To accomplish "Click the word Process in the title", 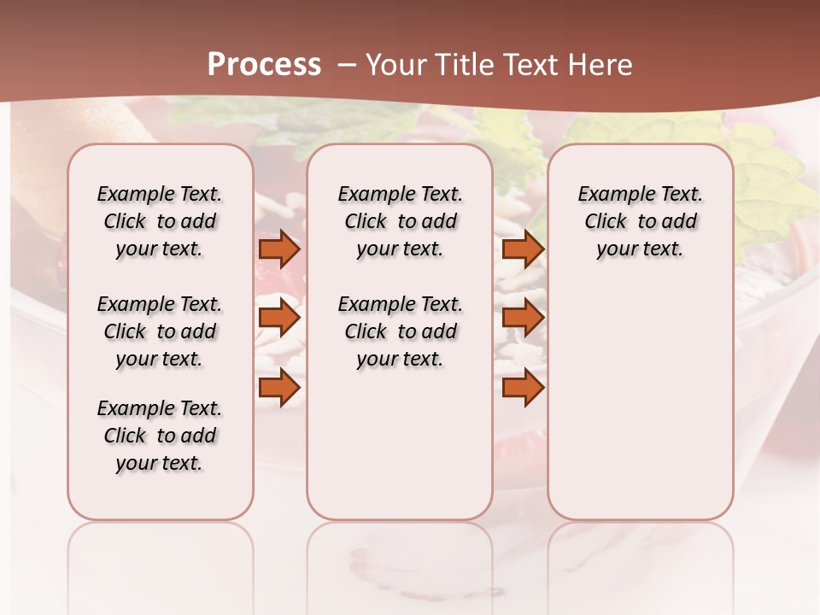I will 264,64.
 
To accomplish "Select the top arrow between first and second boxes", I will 279,249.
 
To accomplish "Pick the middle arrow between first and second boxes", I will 279,318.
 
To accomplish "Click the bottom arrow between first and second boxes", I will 279,388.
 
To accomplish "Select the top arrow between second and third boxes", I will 523,249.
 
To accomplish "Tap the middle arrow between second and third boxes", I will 523,318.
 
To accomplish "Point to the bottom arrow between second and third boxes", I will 523,388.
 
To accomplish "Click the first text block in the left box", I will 160,221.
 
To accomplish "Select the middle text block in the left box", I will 160,331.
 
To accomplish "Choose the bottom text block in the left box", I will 160,436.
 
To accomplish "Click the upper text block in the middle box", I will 400,221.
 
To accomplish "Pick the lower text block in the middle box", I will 400,331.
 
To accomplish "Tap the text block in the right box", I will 641,221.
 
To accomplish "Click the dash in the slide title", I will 347,65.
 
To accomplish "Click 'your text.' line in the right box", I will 641,249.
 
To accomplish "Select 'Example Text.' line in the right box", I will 641,194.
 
